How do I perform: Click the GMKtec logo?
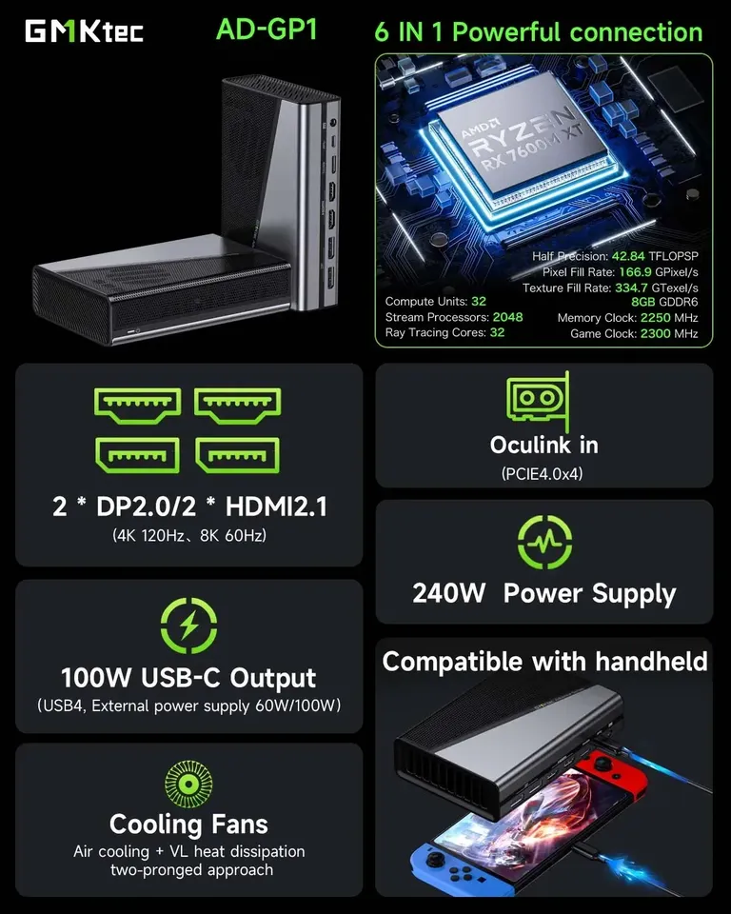84,31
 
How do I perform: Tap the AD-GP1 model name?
266,30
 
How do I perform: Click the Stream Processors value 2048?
507,317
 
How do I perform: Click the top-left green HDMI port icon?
138,405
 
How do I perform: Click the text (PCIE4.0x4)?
543,473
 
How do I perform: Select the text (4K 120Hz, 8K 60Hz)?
188,536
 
